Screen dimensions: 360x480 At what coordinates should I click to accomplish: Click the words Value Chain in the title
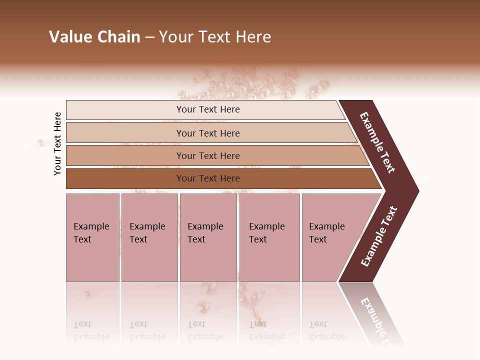point(94,37)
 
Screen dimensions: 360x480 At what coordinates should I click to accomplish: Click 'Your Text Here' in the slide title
point(215,37)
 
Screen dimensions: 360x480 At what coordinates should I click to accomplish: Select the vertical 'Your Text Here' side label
point(57,143)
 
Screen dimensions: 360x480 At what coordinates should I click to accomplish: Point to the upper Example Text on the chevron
point(377,142)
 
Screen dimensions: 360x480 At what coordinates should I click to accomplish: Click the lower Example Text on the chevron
point(379,236)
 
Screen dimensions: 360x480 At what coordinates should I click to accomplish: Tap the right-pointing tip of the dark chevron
point(416,191)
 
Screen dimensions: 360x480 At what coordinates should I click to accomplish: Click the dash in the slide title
point(149,37)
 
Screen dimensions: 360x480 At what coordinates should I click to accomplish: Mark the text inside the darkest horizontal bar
point(208,178)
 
